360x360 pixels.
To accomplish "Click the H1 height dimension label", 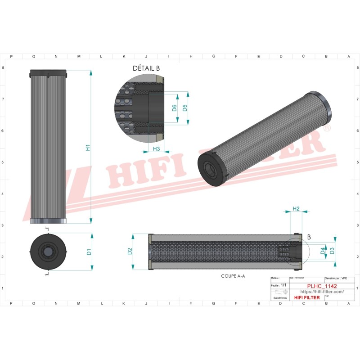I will [x=88, y=147].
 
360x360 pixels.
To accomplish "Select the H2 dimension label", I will [x=296, y=209].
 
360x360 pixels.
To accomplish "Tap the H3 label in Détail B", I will [x=157, y=148].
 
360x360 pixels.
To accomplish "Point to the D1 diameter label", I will [x=89, y=252].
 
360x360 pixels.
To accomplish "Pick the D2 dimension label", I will [x=130, y=252].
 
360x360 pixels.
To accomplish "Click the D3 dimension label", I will [x=332, y=251].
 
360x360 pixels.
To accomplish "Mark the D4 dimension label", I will [x=322, y=251].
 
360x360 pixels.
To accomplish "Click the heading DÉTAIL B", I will [x=146, y=68].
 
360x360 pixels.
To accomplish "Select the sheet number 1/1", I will [x=283, y=285].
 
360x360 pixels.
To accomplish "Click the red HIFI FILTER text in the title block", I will [x=306, y=297].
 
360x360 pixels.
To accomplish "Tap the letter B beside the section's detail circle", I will [x=309, y=237].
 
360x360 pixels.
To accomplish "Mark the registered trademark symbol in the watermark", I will [x=327, y=129].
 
